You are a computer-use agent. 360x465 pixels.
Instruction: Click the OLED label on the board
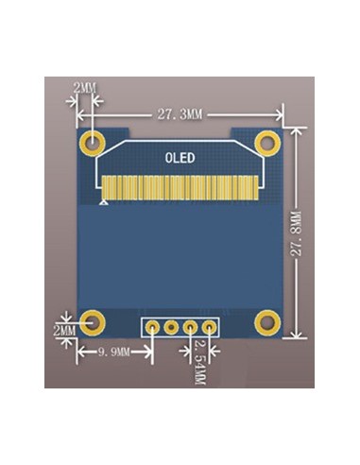click(x=180, y=158)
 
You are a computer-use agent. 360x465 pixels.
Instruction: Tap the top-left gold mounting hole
click(x=94, y=144)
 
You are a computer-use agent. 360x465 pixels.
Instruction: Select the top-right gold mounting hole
click(x=267, y=144)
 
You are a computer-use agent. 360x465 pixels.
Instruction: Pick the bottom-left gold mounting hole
click(x=93, y=322)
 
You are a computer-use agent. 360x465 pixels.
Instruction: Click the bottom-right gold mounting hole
click(x=267, y=322)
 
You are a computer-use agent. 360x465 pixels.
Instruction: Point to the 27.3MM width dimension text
click(x=180, y=114)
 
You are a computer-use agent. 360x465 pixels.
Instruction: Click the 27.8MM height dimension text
click(x=297, y=232)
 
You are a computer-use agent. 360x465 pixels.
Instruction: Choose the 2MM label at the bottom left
click(x=64, y=332)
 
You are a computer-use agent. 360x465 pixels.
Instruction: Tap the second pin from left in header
click(x=171, y=328)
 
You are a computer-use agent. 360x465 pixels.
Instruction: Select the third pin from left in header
click(x=190, y=328)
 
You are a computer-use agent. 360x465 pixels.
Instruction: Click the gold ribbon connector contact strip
click(x=180, y=187)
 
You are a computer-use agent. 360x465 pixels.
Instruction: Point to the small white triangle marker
click(x=103, y=201)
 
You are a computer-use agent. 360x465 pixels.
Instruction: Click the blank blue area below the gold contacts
click(x=180, y=255)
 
